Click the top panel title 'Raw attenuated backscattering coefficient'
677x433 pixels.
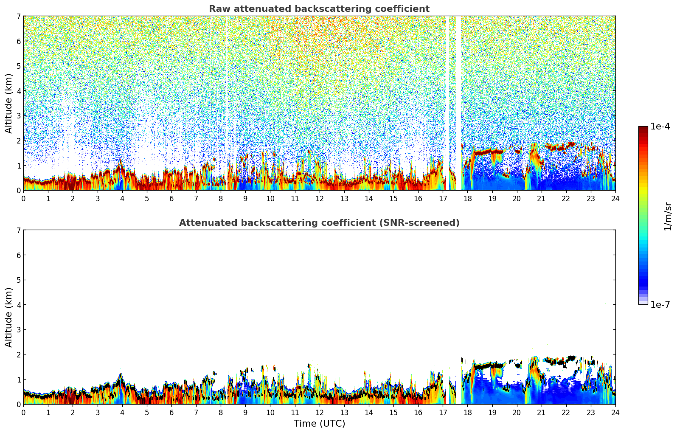tap(319, 9)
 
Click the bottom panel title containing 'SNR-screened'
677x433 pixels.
tap(319, 223)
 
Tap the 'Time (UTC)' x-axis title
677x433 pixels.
tap(319, 424)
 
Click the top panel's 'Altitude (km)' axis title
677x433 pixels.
tap(8, 103)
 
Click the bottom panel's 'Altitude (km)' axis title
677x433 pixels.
tap(8, 317)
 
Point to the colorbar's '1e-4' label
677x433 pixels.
tap(660, 127)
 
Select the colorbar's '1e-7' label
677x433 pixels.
tap(660, 305)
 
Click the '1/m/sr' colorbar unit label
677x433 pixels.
tap(668, 216)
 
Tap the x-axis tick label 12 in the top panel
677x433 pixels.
tap(319, 199)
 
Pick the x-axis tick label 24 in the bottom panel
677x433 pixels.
tap(615, 413)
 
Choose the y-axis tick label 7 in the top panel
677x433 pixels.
tap(18, 17)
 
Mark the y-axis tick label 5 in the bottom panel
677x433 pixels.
tap(18, 280)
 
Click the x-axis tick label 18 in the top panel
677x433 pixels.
tap(467, 199)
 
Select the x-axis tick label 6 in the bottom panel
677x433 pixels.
tap(171, 413)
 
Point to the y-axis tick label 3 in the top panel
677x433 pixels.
tap(18, 116)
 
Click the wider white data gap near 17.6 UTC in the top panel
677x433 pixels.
tap(458, 85)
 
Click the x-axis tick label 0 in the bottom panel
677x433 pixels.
tap(23, 413)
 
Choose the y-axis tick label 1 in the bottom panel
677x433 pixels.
tap(18, 380)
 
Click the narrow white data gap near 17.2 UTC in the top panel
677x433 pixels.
tap(447, 85)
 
